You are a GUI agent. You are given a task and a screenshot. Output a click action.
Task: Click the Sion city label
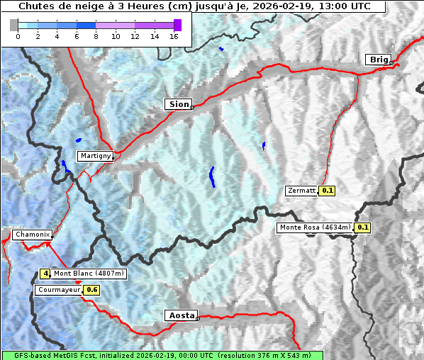pos(179,104)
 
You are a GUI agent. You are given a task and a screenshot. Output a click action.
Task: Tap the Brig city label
pos(377,60)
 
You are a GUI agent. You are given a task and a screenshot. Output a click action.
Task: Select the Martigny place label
pos(94,156)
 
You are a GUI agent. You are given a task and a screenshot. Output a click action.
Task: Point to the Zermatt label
pos(301,191)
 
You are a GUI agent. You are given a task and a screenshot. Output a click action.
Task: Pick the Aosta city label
pos(180,315)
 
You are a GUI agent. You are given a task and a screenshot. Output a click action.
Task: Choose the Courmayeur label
pos(59,290)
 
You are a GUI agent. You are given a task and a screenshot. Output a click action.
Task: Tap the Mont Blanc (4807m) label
pos(89,274)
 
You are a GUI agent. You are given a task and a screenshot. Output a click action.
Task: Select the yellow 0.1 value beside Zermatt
pos(328,191)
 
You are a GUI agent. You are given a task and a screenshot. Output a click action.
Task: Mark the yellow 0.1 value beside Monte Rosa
pos(363,227)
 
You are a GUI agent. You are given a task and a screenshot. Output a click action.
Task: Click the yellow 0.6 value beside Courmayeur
pos(92,290)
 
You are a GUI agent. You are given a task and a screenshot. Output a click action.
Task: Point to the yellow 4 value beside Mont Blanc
pos(45,274)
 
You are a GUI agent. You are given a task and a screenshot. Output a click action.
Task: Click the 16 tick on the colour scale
pos(173,36)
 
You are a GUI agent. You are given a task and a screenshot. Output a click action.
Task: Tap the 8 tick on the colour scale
pos(96,36)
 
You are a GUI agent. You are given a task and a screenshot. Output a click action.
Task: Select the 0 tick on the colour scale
pos(18,36)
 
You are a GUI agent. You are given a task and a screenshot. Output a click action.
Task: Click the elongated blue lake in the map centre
pos(212,176)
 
